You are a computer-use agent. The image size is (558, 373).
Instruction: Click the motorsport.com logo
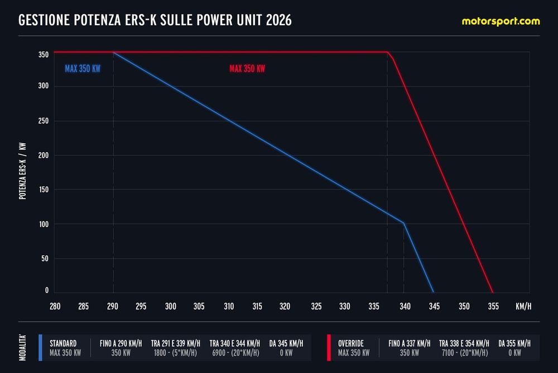pyautogui.click(x=501, y=21)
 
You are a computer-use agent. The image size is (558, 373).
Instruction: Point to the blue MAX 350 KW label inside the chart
pyautogui.click(x=83, y=69)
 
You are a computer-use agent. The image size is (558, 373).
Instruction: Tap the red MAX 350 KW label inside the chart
pyautogui.click(x=247, y=69)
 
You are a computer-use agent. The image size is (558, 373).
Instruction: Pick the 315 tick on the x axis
pyautogui.click(x=257, y=306)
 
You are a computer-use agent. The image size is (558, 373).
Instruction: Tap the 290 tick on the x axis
pyautogui.click(x=113, y=306)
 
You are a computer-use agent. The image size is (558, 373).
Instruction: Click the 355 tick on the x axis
pyautogui.click(x=493, y=306)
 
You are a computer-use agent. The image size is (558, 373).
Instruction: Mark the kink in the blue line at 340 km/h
pyautogui.click(x=404, y=223)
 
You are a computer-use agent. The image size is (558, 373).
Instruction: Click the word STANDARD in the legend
pyautogui.click(x=63, y=343)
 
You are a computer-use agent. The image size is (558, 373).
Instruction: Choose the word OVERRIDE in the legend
pyautogui.click(x=351, y=343)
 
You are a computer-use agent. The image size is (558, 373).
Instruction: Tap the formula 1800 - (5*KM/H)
pyautogui.click(x=175, y=353)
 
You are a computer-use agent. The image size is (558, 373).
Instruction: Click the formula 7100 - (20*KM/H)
pyautogui.click(x=463, y=353)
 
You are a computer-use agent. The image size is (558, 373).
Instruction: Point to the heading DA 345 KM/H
pyautogui.click(x=286, y=343)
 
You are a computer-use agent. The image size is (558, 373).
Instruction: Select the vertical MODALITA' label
pyautogui.click(x=22, y=347)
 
